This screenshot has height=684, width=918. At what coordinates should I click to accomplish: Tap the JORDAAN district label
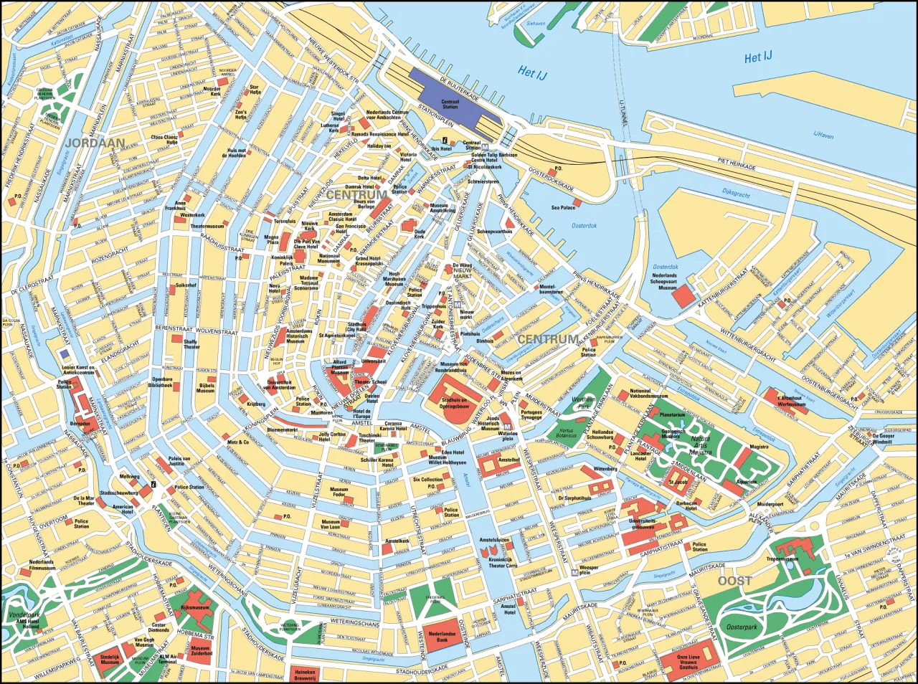pos(94,143)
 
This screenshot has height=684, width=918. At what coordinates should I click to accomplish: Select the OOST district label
pos(735,580)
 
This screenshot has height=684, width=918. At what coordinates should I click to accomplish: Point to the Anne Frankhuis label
pos(175,205)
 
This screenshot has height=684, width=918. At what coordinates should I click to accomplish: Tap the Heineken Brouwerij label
pos(305,675)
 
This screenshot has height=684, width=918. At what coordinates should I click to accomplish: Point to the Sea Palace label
pos(563,207)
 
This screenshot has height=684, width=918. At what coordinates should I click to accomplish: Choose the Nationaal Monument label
pos(329,258)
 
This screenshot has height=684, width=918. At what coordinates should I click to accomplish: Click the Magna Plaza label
pos(272,239)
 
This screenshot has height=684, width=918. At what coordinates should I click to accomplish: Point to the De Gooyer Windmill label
pos(884,439)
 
